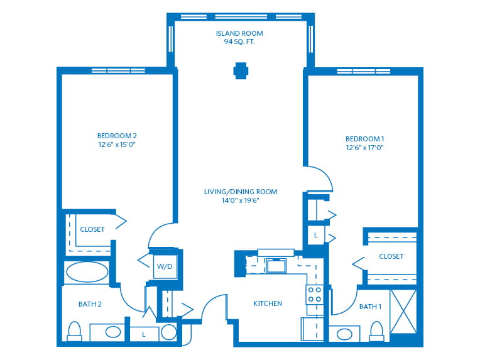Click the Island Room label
[239, 33]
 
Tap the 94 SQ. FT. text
[239, 41]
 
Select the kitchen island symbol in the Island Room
[241, 71]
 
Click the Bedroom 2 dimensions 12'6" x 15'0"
[117, 145]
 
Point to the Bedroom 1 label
[364, 139]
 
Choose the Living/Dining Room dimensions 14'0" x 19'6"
[241, 200]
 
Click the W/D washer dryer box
[165, 266]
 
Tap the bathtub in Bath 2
[87, 271]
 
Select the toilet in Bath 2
[74, 331]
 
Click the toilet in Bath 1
[376, 332]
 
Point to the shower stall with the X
[403, 312]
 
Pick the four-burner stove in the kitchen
[315, 295]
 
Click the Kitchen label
[268, 303]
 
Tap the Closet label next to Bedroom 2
[92, 229]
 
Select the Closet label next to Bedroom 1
[391, 256]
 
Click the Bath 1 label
[371, 307]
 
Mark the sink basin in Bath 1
[344, 334]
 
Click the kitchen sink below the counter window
[276, 265]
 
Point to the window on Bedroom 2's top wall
[118, 71]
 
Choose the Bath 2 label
[90, 304]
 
